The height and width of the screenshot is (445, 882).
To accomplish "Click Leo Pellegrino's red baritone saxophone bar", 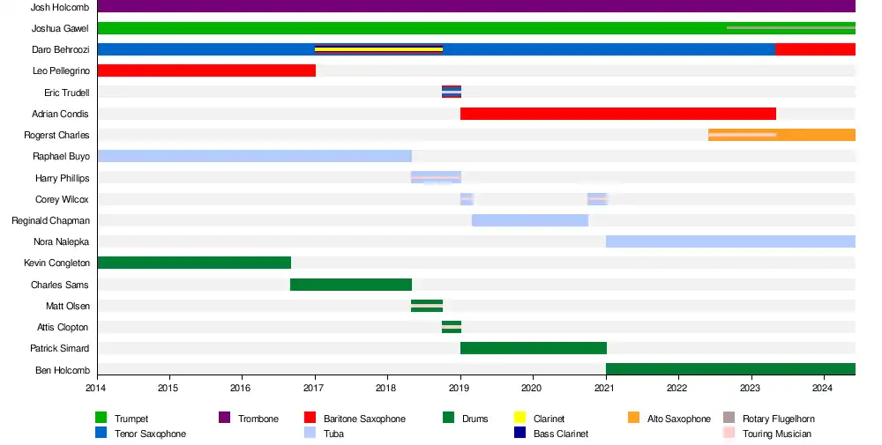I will tap(206, 70).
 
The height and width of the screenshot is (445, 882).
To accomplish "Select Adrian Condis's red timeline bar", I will tap(617, 114).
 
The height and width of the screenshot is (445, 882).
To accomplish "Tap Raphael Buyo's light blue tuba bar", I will tap(254, 156).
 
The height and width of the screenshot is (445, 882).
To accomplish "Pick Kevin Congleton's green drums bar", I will tap(194, 263).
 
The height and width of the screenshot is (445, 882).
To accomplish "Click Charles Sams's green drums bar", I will tap(351, 284).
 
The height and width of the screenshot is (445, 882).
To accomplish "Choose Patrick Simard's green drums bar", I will tap(533, 348).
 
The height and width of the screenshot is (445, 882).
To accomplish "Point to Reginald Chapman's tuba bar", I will tap(530, 220).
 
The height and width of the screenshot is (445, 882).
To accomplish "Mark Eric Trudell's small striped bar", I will tap(452, 92).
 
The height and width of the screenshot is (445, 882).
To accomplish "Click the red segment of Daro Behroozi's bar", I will tap(815, 49).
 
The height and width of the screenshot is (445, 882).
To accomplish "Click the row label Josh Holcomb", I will tap(60, 7).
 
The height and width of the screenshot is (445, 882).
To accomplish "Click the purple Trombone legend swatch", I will tap(224, 418).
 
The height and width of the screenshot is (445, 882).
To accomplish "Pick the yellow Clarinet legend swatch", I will tap(519, 418).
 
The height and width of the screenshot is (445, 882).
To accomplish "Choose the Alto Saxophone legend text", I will tap(678, 419).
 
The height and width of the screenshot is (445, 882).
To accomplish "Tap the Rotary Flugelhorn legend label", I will tap(778, 419).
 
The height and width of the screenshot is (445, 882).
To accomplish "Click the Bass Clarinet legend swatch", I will tap(519, 433).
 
